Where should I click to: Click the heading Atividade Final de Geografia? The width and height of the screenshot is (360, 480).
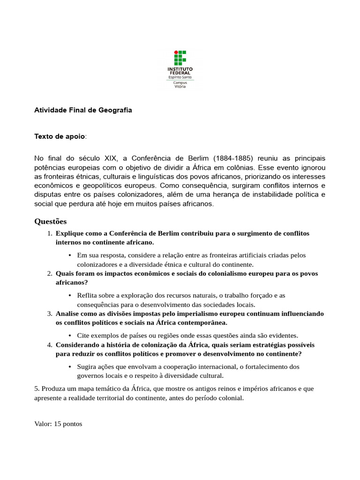(83, 110)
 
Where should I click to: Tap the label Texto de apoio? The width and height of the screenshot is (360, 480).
(60, 136)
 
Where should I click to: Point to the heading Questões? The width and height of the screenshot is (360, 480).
(51, 221)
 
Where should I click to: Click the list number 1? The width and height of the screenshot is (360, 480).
(49, 233)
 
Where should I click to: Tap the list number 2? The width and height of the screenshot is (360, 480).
(49, 274)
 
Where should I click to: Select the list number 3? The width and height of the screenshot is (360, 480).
(49, 314)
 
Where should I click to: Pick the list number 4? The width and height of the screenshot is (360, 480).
(49, 345)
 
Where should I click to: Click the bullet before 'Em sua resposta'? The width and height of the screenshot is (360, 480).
(69, 255)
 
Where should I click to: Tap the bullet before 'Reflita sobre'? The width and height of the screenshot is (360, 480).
(69, 296)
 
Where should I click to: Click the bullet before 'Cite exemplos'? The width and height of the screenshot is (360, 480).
(69, 336)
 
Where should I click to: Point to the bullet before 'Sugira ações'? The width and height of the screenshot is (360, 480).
(69, 367)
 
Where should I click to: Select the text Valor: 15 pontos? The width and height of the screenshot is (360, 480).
(58, 424)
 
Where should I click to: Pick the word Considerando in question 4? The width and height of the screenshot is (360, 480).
(77, 345)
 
